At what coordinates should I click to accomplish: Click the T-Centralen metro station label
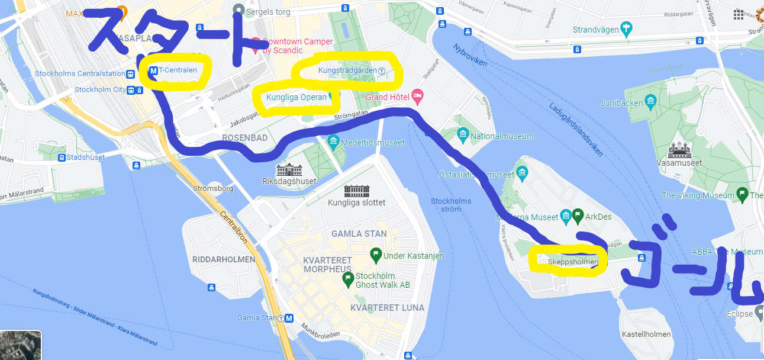(x=177, y=70)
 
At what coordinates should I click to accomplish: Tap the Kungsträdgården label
(x=347, y=70)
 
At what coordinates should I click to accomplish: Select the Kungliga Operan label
(x=296, y=97)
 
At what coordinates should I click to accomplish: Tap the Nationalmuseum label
(x=502, y=136)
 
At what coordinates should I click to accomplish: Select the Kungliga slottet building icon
(x=356, y=191)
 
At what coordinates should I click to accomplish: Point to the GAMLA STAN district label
(x=359, y=234)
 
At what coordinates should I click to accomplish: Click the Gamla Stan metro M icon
(x=289, y=318)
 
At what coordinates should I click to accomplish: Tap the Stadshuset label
(x=85, y=157)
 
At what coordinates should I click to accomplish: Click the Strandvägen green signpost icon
(x=626, y=29)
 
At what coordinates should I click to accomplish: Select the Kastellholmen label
(x=646, y=334)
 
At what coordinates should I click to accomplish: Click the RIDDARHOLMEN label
(x=224, y=259)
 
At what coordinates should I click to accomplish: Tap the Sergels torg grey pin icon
(x=238, y=10)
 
